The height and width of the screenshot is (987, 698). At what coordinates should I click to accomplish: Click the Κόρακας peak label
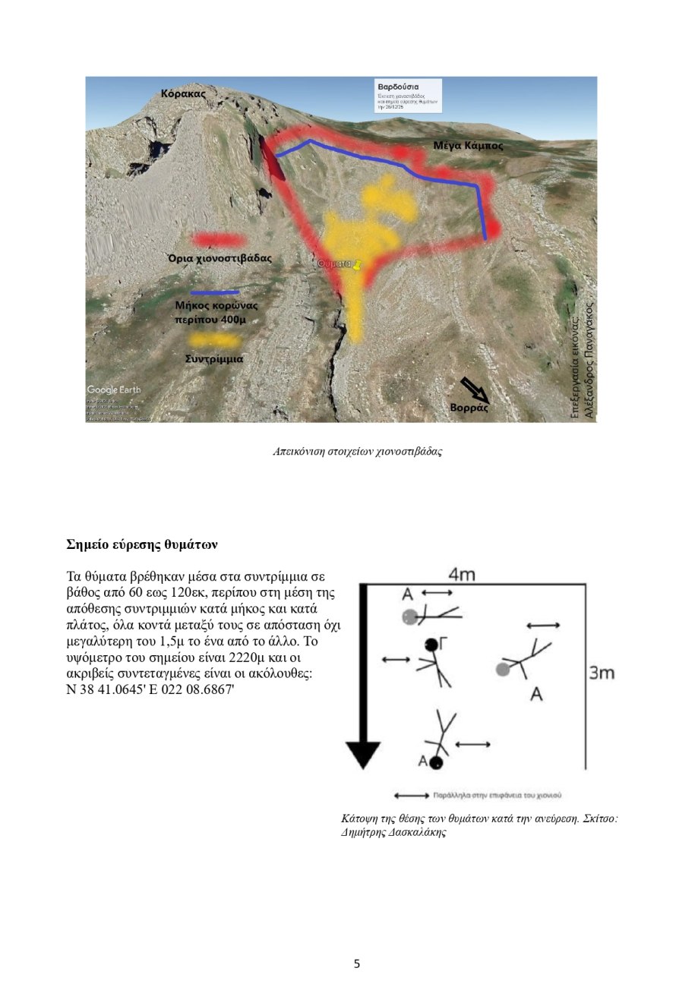tap(183, 93)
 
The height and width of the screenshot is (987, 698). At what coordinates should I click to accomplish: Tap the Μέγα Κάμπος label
tap(463, 145)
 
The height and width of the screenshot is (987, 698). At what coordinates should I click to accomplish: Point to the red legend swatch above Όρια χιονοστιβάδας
tap(219, 240)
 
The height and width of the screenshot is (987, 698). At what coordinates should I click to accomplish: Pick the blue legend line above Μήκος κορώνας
tap(214, 292)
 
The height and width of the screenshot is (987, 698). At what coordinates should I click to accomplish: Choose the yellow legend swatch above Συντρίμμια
tap(215, 340)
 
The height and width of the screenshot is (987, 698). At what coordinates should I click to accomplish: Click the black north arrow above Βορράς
tap(475, 389)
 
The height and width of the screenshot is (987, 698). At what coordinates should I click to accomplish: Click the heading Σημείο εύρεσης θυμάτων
tap(142, 544)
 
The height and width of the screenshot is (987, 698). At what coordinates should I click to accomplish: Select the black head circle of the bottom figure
tap(436, 763)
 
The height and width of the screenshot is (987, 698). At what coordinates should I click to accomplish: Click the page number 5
tap(357, 964)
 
